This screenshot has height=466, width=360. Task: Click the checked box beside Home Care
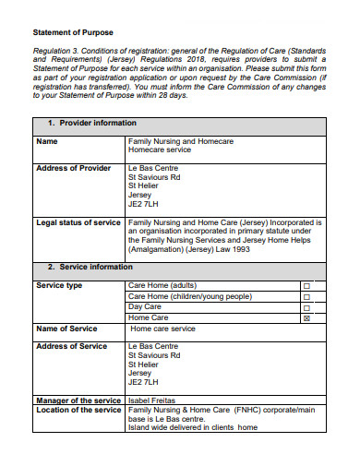coord(307,318)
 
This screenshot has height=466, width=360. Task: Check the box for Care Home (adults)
coord(307,286)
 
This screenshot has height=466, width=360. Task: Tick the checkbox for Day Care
coord(307,307)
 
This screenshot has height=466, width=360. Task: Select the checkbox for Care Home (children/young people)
coord(307,297)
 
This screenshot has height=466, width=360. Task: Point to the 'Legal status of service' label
coord(78,223)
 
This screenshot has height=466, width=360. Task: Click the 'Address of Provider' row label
coord(72,168)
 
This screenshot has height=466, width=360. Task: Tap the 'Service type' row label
coord(59,285)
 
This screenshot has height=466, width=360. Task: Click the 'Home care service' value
coord(162,329)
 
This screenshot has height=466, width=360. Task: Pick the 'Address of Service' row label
coord(71,346)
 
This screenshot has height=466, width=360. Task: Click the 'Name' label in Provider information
coord(46,141)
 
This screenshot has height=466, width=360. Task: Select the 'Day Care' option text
coord(145,307)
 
